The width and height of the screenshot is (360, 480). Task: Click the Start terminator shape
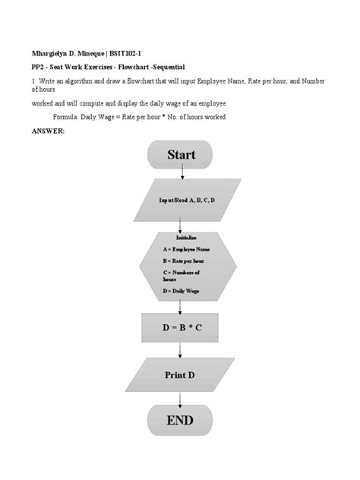pos(180,155)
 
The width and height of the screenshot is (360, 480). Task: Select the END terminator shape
pos(180,420)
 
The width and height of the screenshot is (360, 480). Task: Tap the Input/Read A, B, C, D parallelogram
pos(180,200)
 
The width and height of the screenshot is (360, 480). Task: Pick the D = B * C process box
pos(180,327)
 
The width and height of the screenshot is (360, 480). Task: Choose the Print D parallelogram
pos(180,375)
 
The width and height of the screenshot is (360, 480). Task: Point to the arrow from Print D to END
pos(180,396)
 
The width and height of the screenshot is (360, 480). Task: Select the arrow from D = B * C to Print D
pos(180,350)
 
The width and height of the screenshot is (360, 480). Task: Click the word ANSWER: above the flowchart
pos(48,131)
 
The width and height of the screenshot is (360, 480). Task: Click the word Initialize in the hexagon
pos(180,238)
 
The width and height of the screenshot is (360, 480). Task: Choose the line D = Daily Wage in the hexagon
pos(179,290)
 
